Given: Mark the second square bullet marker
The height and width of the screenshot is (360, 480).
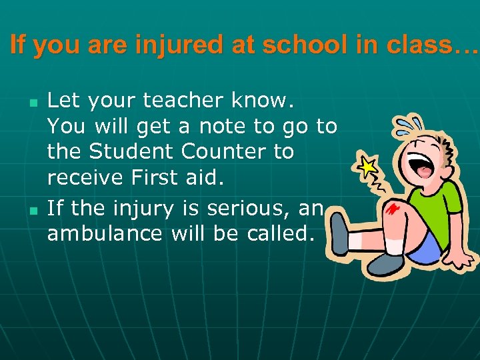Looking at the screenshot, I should click(x=33, y=211).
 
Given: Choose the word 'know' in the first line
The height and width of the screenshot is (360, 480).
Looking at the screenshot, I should click(x=264, y=101).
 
